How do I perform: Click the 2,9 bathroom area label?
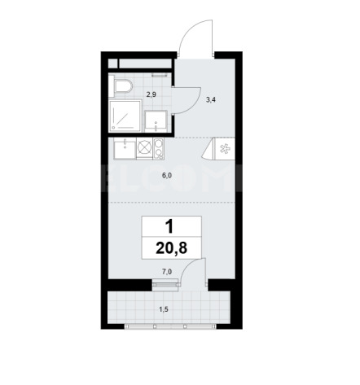[151, 94]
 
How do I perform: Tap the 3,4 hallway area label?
[211, 100]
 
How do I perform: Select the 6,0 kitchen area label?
[167, 176]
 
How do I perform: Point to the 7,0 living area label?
[167, 271]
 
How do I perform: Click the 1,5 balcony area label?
[163, 309]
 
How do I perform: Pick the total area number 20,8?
[172, 248]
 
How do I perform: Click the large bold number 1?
[169, 227]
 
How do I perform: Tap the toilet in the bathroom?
[121, 86]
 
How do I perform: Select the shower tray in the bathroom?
[125, 116]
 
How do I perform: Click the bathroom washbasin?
[156, 121]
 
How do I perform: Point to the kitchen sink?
[125, 148]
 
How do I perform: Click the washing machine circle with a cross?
[145, 148]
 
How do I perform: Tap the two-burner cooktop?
[158, 148]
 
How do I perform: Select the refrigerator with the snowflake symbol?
[225, 149]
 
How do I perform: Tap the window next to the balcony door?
[165, 284]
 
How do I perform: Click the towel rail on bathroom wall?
[159, 75]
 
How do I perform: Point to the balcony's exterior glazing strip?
[170, 326]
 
